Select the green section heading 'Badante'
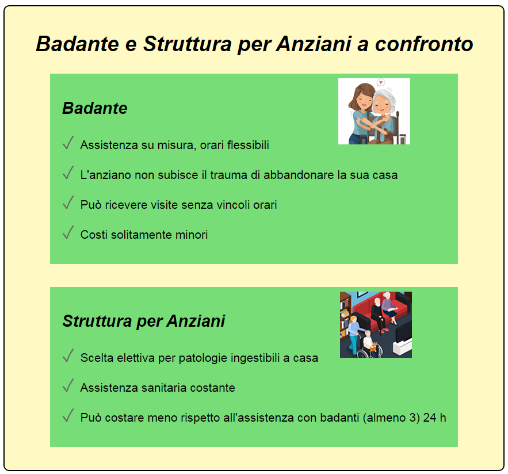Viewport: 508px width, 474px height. coord(94,108)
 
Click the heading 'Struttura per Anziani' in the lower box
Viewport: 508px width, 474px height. coord(143,321)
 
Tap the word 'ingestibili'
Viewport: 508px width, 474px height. coord(259,358)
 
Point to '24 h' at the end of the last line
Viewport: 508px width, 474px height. coord(434,418)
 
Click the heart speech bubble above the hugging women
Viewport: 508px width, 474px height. coord(380,83)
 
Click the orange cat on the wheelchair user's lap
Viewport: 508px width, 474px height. coord(373,347)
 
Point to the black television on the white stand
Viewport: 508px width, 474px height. coord(404,331)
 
